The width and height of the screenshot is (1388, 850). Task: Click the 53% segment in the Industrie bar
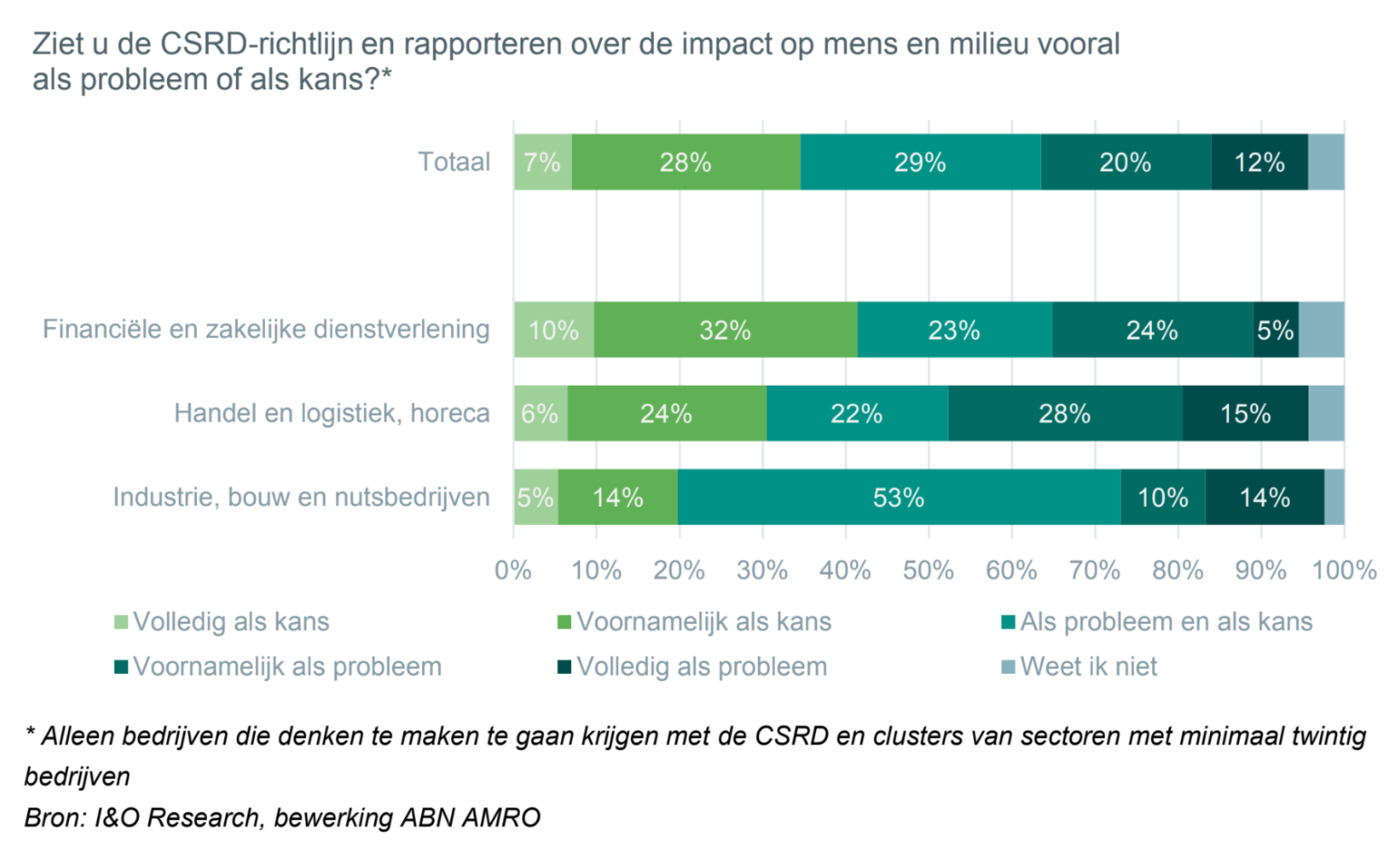click(x=898, y=497)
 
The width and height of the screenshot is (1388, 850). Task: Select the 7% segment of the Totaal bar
click(x=542, y=163)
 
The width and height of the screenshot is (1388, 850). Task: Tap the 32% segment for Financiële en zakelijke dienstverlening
click(x=725, y=330)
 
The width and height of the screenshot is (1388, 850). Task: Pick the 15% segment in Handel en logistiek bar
click(x=1245, y=414)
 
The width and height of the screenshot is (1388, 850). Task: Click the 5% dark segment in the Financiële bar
click(x=1275, y=330)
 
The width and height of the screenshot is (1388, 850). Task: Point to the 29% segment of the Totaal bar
click(x=920, y=163)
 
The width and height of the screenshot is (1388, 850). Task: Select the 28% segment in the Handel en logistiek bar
click(x=1064, y=414)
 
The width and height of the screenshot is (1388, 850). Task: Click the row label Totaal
click(x=454, y=162)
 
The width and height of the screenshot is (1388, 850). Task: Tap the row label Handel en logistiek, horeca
click(x=332, y=413)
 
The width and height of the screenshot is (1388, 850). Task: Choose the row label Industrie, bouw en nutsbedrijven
click(x=301, y=497)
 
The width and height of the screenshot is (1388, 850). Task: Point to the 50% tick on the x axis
click(x=928, y=570)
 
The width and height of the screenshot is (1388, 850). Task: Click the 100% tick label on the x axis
click(x=1344, y=570)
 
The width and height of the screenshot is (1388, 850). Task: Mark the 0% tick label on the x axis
click(x=513, y=570)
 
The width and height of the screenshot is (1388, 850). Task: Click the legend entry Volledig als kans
click(x=230, y=621)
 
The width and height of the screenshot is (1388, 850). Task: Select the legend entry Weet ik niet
click(x=1088, y=667)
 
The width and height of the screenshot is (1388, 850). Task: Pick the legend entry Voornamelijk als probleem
click(x=287, y=667)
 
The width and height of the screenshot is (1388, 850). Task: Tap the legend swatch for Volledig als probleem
click(x=564, y=668)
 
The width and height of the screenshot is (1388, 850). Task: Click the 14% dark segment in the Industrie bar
click(x=1264, y=497)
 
